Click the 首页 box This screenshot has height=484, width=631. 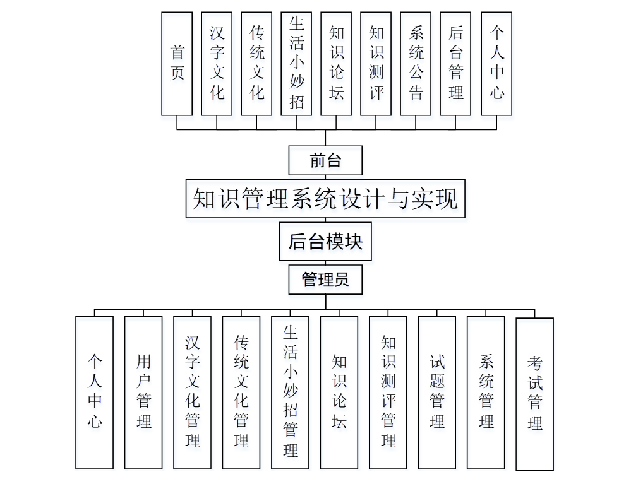coord(177,63)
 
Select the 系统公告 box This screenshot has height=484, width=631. coord(416,63)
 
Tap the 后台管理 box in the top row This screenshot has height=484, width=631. coord(455,63)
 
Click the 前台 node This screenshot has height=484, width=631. coord(325,160)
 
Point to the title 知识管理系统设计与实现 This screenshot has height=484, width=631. coord(325,199)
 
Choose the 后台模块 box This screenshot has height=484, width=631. coord(325,241)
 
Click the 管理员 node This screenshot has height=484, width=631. coord(325,279)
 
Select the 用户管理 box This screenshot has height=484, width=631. coord(143,392)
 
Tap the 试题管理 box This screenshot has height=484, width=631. coord(437,392)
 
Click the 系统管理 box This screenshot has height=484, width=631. coord(486,392)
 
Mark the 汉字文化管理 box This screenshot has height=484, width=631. coord(193,392)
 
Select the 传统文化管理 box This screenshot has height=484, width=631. coord(241,392)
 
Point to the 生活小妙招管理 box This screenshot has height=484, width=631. coord(291,392)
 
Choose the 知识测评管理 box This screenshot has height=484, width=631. coord(388,392)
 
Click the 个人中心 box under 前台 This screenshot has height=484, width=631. coord(496,63)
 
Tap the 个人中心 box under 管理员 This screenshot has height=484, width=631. coord(95,392)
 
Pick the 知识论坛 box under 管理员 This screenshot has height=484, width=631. coord(339,392)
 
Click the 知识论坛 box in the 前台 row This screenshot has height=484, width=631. coord(336,63)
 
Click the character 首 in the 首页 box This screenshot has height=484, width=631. coord(177,51)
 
